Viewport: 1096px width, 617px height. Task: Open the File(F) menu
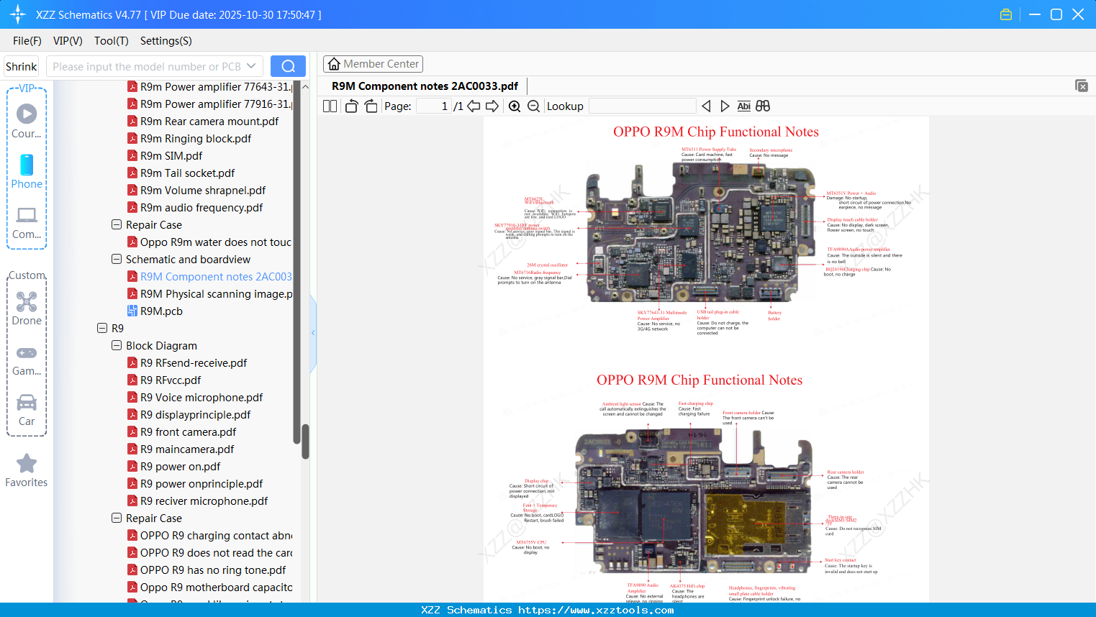(27, 41)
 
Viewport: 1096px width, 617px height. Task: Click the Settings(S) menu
(166, 41)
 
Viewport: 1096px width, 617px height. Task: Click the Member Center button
(373, 64)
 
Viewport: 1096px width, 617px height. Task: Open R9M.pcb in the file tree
(161, 311)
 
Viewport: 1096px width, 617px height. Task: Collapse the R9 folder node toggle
(102, 329)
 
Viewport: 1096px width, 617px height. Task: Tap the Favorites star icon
(27, 464)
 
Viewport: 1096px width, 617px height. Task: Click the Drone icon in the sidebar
(27, 302)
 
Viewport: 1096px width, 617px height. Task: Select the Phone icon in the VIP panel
(27, 165)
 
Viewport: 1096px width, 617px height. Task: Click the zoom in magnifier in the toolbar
(515, 106)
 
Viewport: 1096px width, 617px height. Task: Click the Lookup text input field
(642, 106)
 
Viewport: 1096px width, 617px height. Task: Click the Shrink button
(22, 67)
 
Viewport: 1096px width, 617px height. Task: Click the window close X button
(1078, 14)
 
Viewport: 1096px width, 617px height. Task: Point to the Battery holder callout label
(774, 316)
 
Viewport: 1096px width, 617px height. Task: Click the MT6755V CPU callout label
(531, 542)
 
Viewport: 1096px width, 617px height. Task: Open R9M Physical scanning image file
(216, 294)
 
